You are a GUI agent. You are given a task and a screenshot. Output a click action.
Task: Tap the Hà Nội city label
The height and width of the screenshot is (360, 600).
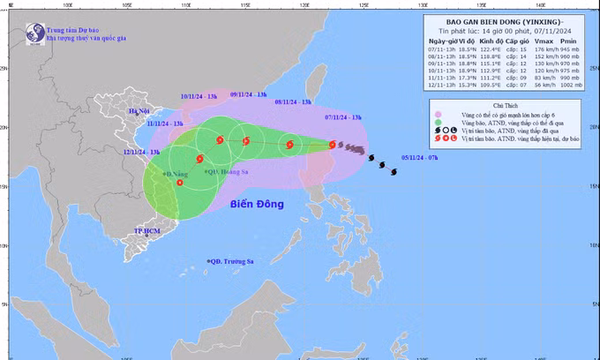point(139,111)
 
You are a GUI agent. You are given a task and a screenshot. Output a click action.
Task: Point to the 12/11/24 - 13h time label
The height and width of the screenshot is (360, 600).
point(141,152)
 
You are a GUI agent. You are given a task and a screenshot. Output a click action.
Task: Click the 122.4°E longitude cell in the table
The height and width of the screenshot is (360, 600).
point(489,51)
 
